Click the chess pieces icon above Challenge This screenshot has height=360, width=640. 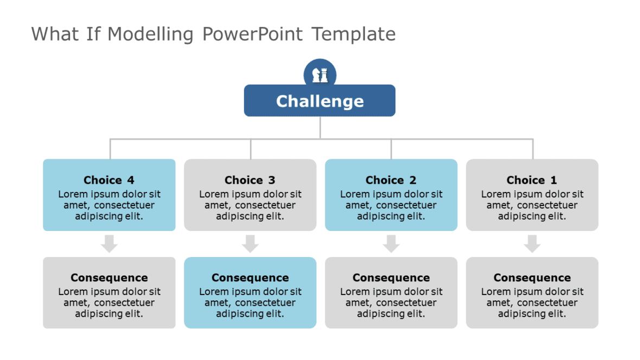[320, 75]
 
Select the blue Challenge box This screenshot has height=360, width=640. [319, 101]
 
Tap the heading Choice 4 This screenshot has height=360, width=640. [109, 180]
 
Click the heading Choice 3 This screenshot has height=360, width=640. [250, 180]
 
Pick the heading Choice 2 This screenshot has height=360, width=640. [391, 180]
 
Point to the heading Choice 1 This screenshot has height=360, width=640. [532, 180]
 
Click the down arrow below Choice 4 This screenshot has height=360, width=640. [110, 243]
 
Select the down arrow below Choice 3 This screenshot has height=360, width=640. [250, 243]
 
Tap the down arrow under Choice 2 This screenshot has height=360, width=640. [391, 243]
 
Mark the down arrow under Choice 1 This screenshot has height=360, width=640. [532, 243]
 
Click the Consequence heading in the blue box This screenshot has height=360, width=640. [250, 278]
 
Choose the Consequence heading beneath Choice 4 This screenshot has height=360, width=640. [109, 278]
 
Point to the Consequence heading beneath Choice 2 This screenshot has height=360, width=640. [391, 278]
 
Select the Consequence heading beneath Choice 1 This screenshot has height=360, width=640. [532, 278]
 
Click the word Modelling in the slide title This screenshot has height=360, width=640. [150, 34]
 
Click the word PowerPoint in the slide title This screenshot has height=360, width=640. [253, 34]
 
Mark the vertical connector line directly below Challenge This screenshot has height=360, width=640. [320, 127]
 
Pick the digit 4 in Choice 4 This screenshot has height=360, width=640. [131, 180]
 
